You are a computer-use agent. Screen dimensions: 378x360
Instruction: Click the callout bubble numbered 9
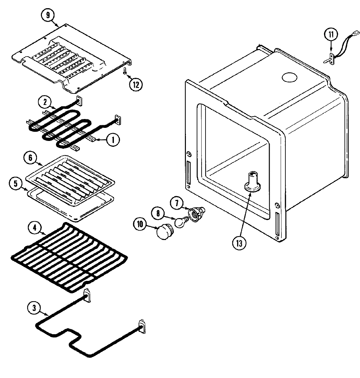click(48, 15)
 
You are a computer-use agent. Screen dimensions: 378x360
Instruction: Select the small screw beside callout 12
click(125, 71)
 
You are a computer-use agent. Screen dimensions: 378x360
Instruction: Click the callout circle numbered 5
click(15, 184)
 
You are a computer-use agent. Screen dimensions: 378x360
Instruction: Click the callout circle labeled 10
click(140, 224)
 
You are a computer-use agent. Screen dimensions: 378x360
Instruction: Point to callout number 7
click(177, 203)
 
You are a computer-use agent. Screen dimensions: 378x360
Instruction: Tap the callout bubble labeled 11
click(331, 34)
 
